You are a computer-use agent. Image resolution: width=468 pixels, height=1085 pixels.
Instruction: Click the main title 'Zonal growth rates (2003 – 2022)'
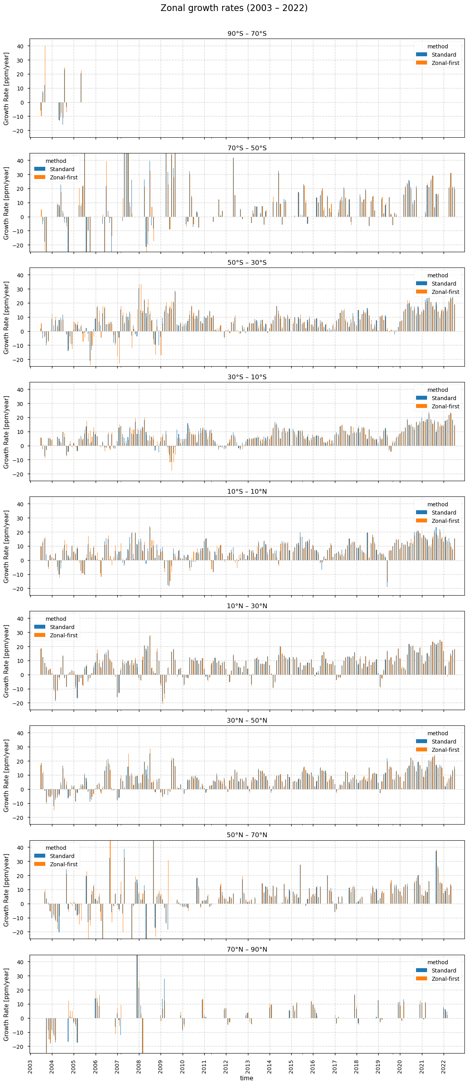coord(234,8)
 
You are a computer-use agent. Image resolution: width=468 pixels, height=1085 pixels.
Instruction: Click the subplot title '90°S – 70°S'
coord(247,34)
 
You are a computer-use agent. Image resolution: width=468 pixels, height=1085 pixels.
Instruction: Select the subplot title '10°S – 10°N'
coord(247,491)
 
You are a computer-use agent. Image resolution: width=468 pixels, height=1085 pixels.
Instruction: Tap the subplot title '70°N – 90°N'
coord(247,949)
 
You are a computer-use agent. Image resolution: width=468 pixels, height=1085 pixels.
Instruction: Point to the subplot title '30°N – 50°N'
coord(247,720)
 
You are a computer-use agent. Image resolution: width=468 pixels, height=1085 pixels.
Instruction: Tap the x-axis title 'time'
coord(246,1078)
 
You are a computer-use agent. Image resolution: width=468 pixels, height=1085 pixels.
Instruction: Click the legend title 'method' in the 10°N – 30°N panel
coord(56,619)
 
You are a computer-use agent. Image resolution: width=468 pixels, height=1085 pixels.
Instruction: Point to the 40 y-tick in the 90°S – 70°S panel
coord(20,46)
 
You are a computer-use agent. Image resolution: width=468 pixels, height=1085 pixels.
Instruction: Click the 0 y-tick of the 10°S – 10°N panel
coord(22,560)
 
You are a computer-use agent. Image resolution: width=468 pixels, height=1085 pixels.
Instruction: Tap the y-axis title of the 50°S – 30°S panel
coord(6,317)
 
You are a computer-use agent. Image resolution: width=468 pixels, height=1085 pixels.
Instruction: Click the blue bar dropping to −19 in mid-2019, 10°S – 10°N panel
coord(387,574)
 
